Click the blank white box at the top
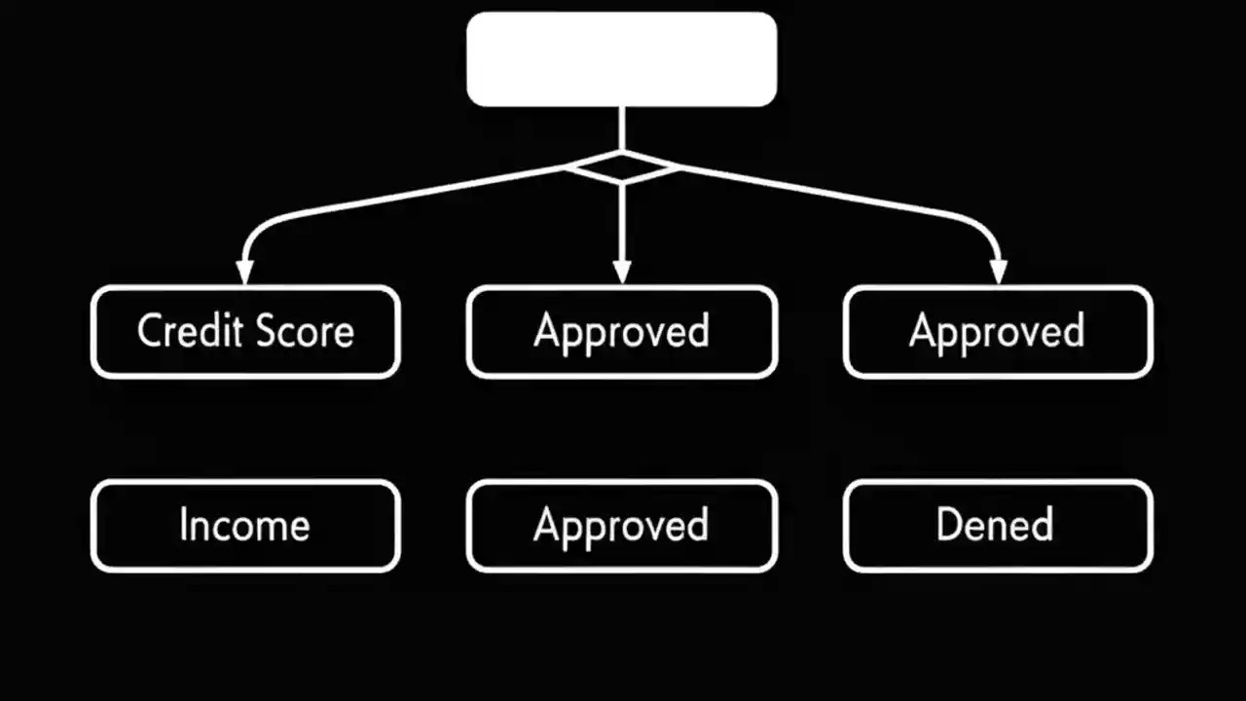click(621, 58)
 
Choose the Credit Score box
click(245, 332)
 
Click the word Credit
click(190, 332)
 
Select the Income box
click(245, 526)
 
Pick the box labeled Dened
click(998, 526)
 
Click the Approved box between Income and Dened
click(622, 526)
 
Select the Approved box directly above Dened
click(998, 332)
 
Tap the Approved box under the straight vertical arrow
click(622, 332)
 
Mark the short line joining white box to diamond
click(621, 128)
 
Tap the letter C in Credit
click(149, 332)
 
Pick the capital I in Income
click(184, 526)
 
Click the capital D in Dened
click(948, 526)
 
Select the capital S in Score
click(263, 332)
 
